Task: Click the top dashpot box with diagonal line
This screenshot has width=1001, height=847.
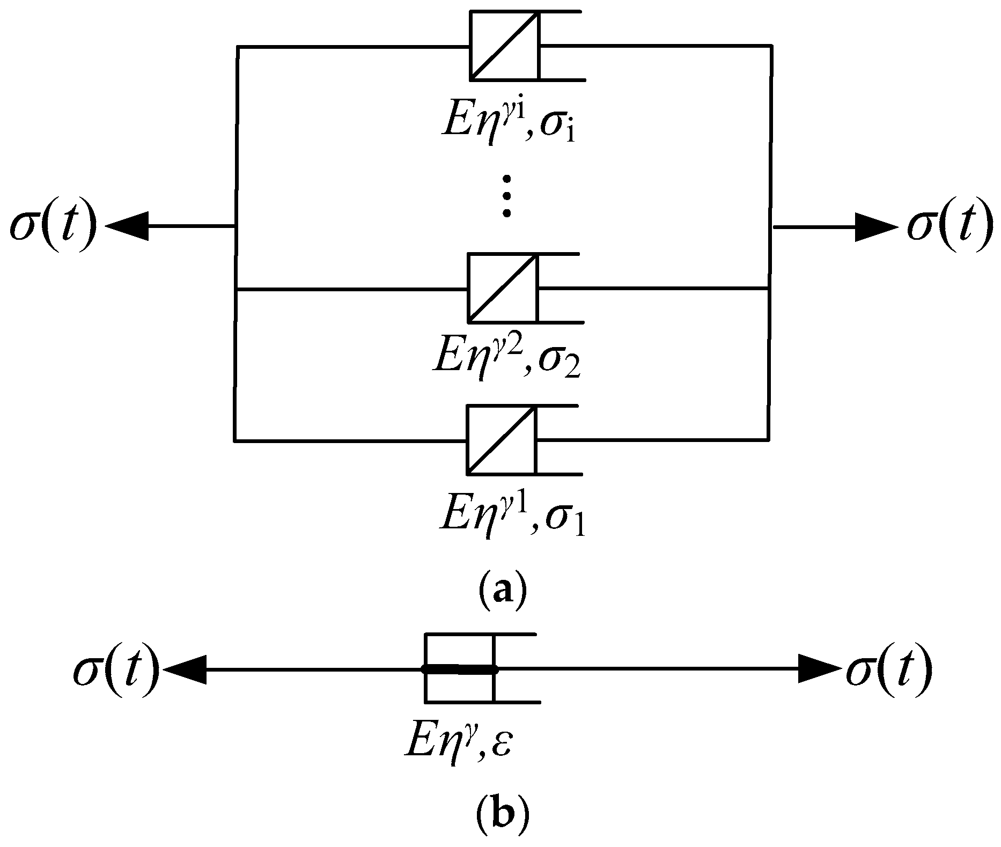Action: (x=505, y=46)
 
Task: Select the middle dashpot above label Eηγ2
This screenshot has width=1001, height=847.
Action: (x=502, y=288)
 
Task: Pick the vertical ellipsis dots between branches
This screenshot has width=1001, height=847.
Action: (x=506, y=196)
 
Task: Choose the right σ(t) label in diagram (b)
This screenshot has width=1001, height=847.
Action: (x=888, y=669)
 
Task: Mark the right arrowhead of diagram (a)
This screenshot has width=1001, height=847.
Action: (x=874, y=227)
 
